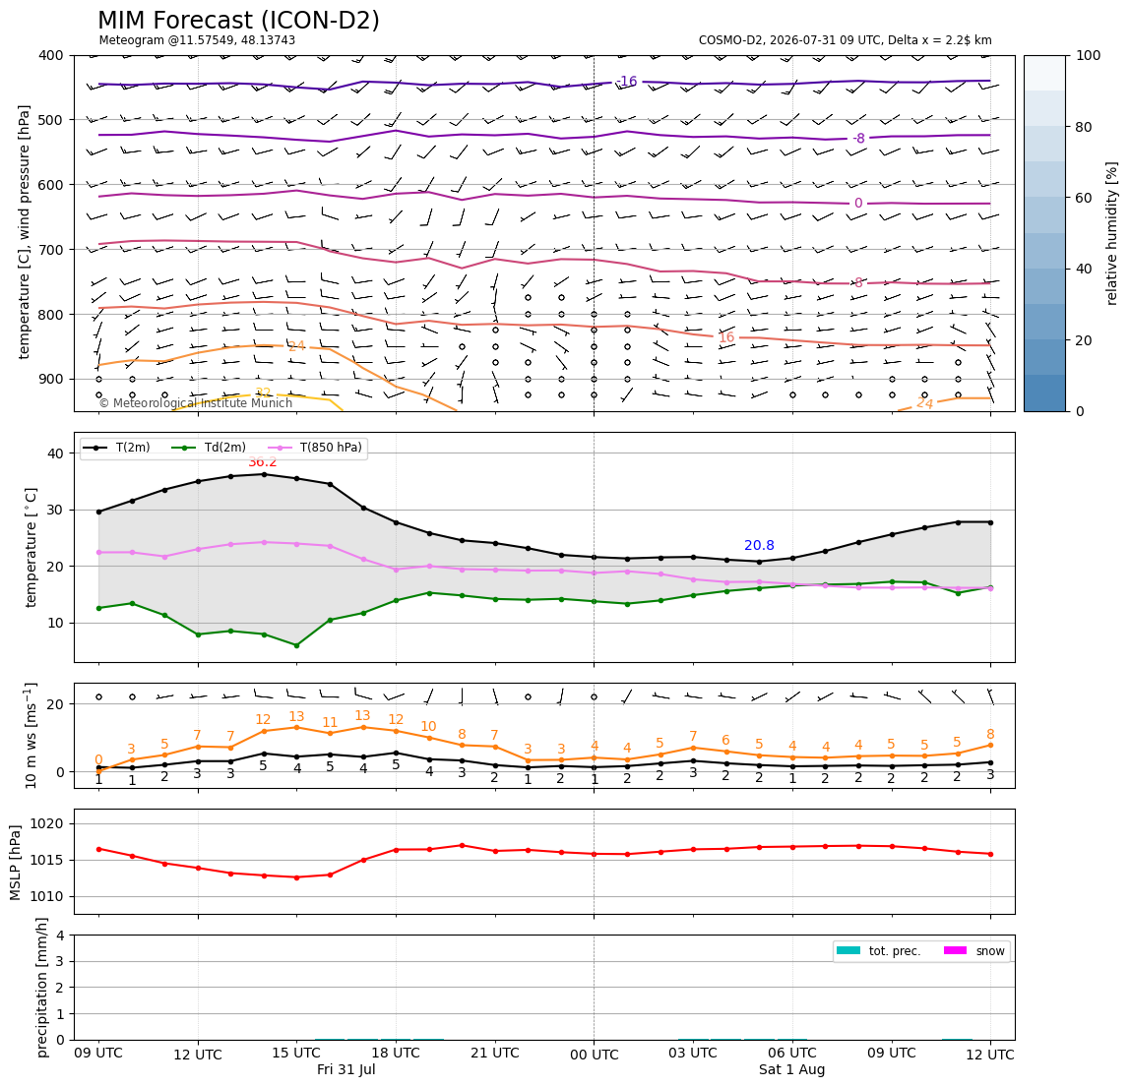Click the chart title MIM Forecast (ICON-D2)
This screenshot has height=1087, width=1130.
[x=238, y=21]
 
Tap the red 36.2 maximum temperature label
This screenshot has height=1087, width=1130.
[x=262, y=461]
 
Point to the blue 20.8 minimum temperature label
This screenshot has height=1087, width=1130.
[x=759, y=546]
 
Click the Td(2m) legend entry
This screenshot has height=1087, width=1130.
[x=209, y=448]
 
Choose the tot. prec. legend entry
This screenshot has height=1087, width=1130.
[x=878, y=951]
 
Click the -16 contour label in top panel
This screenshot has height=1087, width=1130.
[x=627, y=82]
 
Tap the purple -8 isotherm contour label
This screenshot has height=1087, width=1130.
[x=857, y=139]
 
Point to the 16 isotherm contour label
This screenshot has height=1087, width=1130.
[x=725, y=337]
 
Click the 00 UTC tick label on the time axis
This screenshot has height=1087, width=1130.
[x=594, y=1055]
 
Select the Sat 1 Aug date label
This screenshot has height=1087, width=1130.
[x=791, y=1069]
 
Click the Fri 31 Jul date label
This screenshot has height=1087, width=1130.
[x=345, y=1069]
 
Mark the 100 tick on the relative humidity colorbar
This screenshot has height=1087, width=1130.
[x=1089, y=55]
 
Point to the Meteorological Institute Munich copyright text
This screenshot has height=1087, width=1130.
[x=195, y=403]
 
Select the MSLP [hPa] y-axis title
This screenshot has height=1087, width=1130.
[x=16, y=863]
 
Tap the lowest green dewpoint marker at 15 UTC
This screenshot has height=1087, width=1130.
[x=296, y=645]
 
